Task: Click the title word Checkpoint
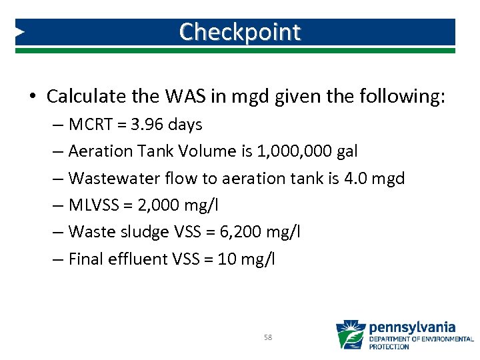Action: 240,31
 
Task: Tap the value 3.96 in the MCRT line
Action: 143,125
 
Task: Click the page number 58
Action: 268,337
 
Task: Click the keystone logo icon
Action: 350,335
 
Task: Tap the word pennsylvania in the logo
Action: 412,327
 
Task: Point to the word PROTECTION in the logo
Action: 389,347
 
